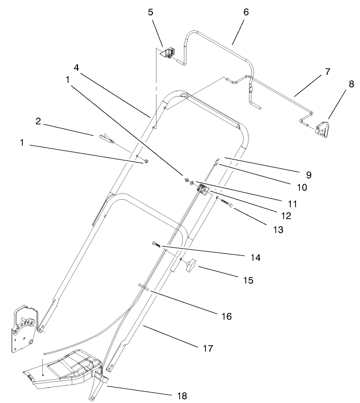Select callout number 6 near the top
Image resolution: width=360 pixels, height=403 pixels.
coord(246,12)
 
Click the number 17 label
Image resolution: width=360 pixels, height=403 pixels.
coord(208,349)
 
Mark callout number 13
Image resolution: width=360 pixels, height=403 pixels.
coord(278,230)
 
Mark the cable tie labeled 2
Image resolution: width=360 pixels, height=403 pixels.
coord(103,137)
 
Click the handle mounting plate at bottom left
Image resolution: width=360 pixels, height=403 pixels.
coord(24,330)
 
